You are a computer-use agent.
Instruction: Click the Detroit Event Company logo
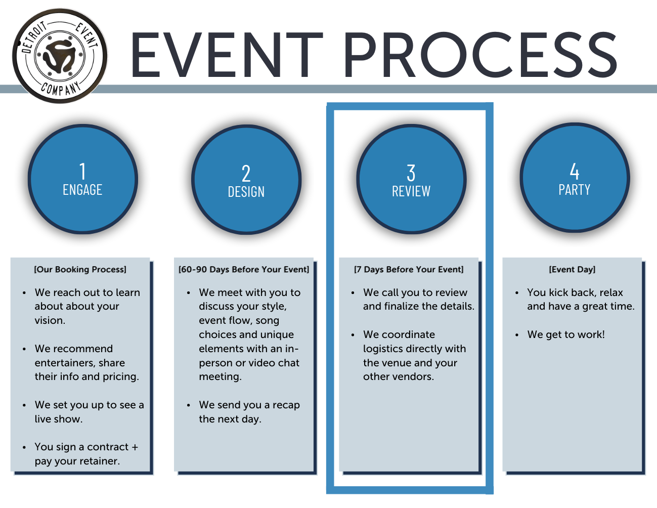click(x=60, y=55)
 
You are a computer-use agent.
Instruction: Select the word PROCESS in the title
click(x=480, y=55)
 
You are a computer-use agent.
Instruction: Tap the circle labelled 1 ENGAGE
click(x=83, y=179)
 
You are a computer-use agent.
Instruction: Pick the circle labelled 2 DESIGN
click(x=246, y=180)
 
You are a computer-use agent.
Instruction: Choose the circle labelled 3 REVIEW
click(x=411, y=179)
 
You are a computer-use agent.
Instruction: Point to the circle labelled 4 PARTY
click(x=575, y=178)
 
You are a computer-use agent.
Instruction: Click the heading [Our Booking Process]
click(x=80, y=270)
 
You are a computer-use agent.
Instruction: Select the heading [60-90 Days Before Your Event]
click(x=244, y=270)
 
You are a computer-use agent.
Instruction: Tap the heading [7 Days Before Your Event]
click(x=409, y=270)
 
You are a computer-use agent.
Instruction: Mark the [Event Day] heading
click(x=572, y=270)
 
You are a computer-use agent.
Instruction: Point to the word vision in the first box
click(x=49, y=321)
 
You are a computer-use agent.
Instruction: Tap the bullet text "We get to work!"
click(x=566, y=335)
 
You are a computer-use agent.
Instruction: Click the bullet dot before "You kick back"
click(x=516, y=293)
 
